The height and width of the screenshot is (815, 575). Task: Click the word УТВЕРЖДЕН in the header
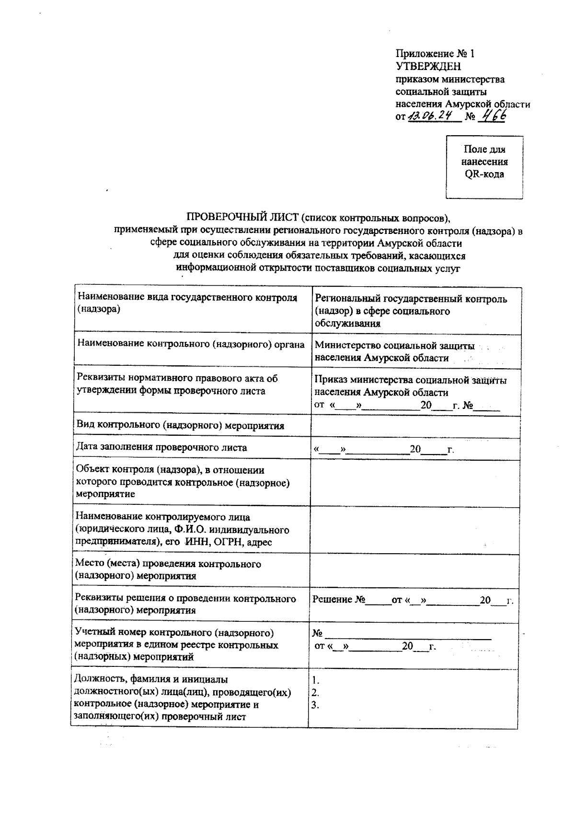tap(428, 67)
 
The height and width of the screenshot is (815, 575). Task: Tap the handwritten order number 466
tap(494, 116)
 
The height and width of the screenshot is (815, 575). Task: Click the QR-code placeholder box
tap(484, 167)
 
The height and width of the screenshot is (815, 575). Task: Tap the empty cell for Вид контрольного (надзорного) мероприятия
tap(415, 426)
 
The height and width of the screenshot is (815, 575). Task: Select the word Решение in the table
tap(332, 600)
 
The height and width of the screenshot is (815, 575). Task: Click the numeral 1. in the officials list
tap(315, 680)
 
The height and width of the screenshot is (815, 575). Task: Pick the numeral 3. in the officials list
tap(315, 705)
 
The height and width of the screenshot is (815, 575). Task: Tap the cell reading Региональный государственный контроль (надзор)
tap(411, 311)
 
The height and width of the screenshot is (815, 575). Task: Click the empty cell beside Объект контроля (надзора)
tap(415, 483)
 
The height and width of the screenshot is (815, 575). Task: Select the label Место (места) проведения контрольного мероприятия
tap(169, 570)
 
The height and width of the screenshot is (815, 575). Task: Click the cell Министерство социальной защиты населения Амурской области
tap(394, 351)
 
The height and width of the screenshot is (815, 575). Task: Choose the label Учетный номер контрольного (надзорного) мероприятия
tap(175, 645)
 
